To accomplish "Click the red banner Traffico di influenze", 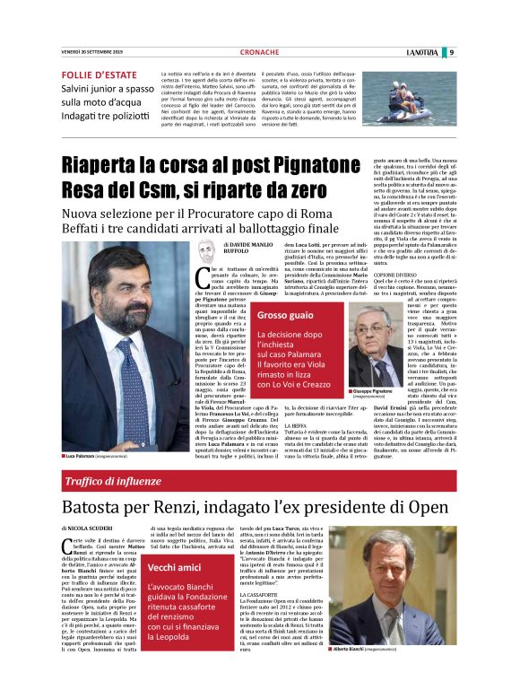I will pyautogui.click(x=119, y=482).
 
